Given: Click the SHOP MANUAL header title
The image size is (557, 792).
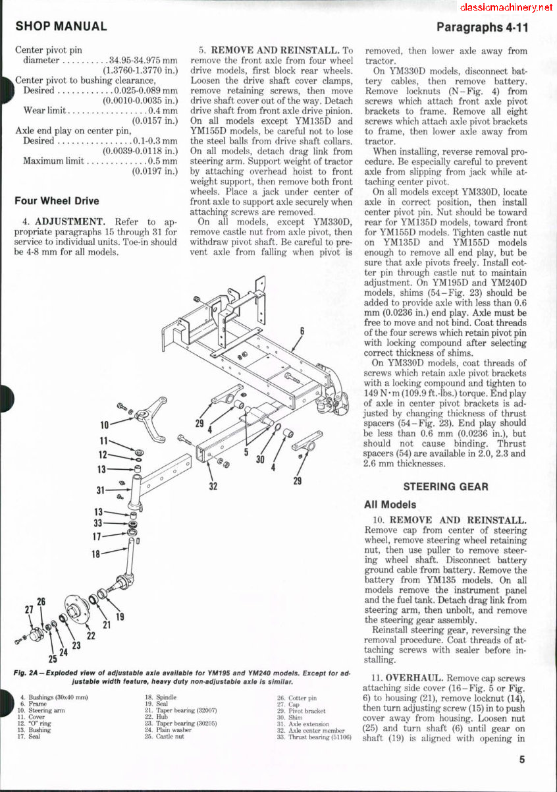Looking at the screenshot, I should click(x=61, y=27).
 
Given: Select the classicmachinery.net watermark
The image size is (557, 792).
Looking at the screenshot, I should click(x=506, y=7).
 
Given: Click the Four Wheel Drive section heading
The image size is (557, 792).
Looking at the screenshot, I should click(x=57, y=201).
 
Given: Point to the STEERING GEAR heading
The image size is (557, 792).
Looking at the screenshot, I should click(x=446, y=487).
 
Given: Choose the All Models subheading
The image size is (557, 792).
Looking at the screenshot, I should click(x=390, y=505).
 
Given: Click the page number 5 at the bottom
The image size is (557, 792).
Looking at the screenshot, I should click(x=521, y=759).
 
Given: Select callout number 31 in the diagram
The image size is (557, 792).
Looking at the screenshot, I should click(x=101, y=490).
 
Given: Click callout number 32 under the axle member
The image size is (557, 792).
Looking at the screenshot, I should click(x=213, y=487).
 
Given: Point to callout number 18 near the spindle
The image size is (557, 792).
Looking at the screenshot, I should click(x=96, y=554).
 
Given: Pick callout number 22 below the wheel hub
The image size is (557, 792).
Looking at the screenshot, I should click(x=92, y=635).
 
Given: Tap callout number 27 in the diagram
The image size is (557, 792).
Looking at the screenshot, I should click(x=29, y=609).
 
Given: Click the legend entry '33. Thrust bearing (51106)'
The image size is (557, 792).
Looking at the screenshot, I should click(x=313, y=737).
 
